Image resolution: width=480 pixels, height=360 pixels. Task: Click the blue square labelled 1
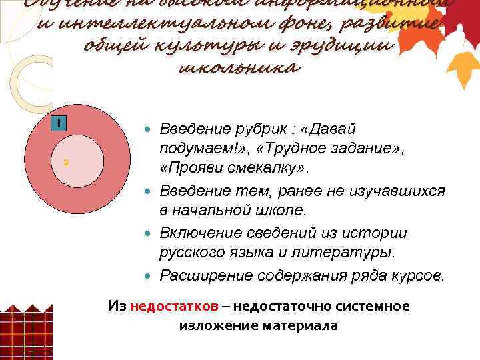[59, 123]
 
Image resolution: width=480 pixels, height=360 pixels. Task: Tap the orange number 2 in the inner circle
[66, 163]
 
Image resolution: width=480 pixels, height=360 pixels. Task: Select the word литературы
[353, 252]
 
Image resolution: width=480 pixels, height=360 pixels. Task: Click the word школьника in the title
[240, 67]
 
